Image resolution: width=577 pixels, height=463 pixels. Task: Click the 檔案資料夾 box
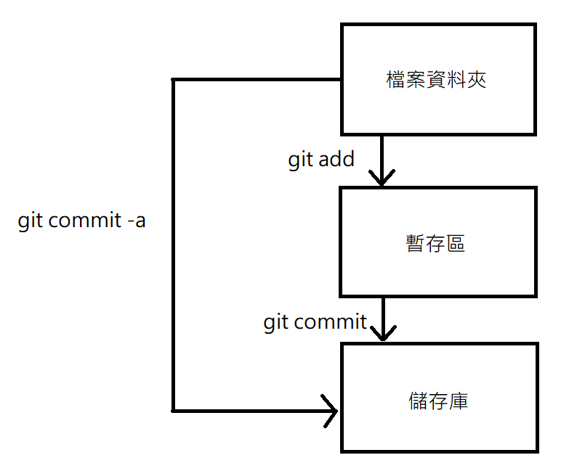coord(438,79)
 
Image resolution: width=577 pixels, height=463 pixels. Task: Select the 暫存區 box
coord(438,242)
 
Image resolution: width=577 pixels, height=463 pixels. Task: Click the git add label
coord(321,160)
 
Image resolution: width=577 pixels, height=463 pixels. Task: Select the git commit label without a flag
coord(315,321)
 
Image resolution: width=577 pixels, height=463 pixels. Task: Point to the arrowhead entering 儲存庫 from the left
coord(331,411)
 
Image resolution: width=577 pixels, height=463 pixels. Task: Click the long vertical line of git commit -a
coord(173,247)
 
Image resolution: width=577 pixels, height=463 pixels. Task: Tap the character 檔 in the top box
coord(396,79)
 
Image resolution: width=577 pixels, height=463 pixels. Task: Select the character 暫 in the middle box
coord(416,242)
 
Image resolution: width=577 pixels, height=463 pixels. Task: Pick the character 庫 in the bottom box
coord(458,401)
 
